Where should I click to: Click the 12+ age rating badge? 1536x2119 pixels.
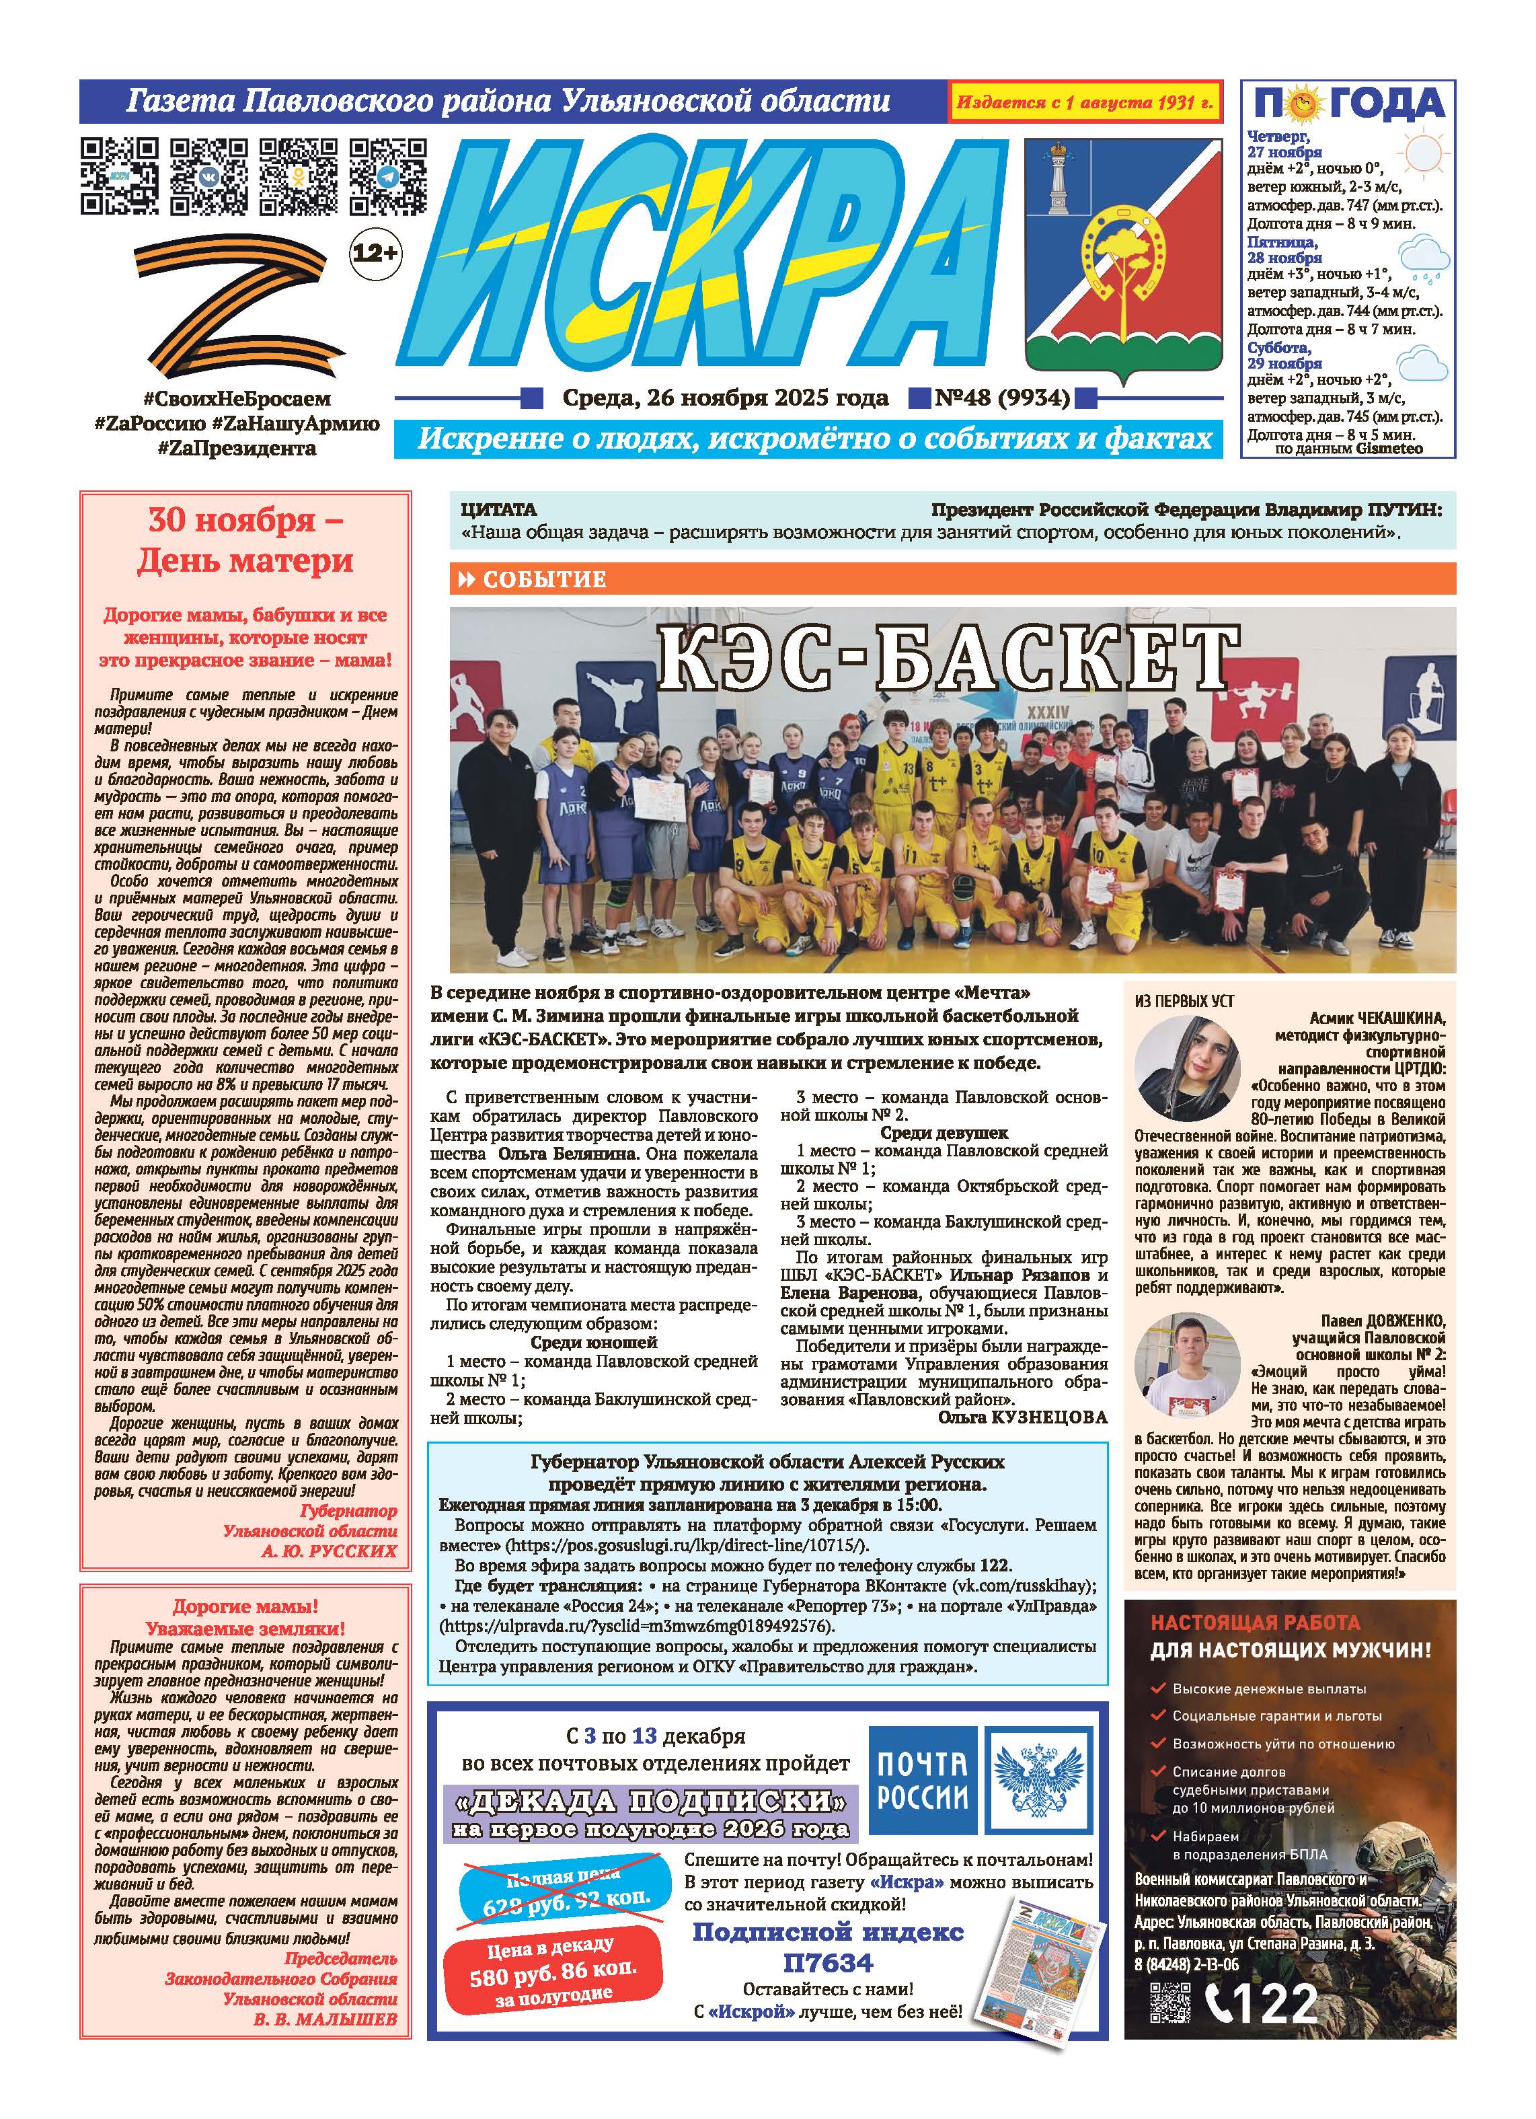point(375,252)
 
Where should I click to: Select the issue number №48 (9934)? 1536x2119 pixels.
point(1001,398)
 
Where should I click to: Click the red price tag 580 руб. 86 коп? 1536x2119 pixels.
point(553,1977)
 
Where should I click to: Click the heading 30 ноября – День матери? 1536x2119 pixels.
point(245,540)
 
